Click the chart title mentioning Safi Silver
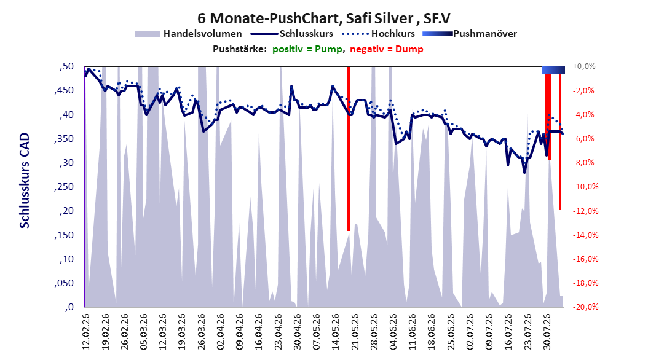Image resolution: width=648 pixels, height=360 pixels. click(323, 18)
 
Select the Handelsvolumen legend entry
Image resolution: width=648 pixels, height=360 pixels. click(188, 34)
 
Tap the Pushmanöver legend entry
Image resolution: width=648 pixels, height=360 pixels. click(470, 34)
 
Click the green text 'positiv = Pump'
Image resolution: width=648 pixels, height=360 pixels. click(307, 49)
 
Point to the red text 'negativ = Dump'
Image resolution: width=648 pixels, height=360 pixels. click(387, 49)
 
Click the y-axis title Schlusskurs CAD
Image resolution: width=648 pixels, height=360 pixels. click(25, 181)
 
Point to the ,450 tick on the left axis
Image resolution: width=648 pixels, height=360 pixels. click(64, 91)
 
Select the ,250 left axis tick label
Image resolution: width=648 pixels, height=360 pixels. click(64, 187)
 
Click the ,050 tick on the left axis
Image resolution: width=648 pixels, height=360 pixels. click(64, 283)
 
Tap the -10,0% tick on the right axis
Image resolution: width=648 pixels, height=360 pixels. click(585, 187)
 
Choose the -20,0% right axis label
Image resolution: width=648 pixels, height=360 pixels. click(585, 307)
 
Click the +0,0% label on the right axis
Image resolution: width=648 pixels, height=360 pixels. click(584, 66)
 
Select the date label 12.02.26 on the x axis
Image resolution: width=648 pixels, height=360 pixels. click(86, 332)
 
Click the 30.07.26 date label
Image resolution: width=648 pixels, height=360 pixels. click(547, 332)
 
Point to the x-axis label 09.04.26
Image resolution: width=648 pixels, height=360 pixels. click(240, 332)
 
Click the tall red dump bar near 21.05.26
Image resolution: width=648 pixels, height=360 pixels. click(349, 149)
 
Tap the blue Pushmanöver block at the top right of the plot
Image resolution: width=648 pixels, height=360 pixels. click(553, 70)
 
